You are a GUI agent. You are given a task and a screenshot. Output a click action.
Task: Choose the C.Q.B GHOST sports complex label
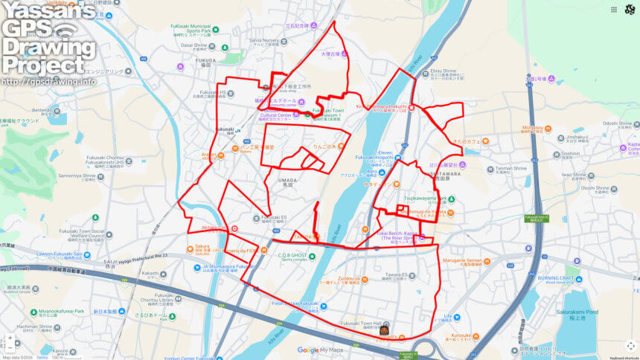pyautogui.click(x=292, y=255)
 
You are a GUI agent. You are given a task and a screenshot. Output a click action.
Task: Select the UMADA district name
pyautogui.click(x=287, y=180)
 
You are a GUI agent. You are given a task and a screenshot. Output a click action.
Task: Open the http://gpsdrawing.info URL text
pyautogui.click(x=48, y=81)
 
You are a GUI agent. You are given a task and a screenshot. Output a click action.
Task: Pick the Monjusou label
pyautogui.click(x=532, y=127)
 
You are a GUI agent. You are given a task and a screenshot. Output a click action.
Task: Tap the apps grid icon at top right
pyautogui.click(x=613, y=10)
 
